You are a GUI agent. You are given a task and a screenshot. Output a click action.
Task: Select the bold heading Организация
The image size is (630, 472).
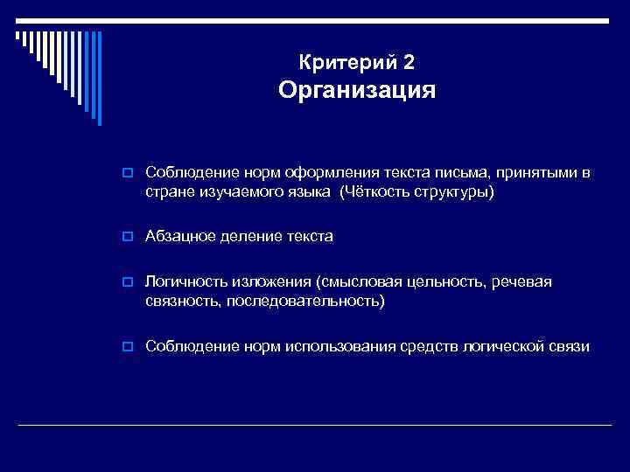[x=356, y=90]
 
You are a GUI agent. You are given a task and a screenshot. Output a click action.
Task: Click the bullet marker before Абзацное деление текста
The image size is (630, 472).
[x=128, y=237]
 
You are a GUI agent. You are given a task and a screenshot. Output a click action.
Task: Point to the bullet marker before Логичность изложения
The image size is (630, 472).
[x=128, y=282]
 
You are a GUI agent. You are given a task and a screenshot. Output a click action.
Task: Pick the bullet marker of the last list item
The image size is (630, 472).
[x=128, y=347]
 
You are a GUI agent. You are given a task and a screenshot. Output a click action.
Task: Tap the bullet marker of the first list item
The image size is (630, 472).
[x=128, y=173]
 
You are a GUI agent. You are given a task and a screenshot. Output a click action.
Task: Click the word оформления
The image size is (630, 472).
[x=307, y=172]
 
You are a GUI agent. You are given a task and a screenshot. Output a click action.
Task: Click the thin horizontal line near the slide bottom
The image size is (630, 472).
[x=315, y=425]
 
